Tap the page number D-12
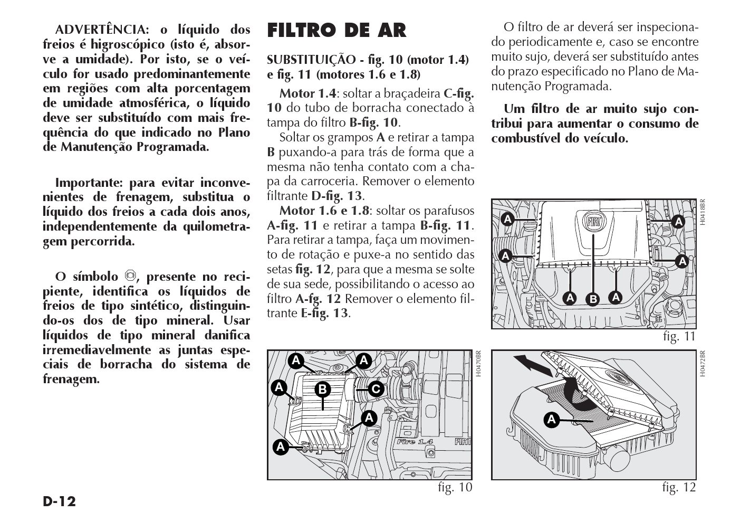click(60, 501)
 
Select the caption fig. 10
click(455, 487)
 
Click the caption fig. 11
click(679, 336)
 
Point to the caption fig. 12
click(679, 487)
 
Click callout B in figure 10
click(322, 390)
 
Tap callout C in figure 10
click(375, 390)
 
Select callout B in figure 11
click(593, 299)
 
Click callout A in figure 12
click(551, 420)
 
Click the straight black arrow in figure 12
click(530, 364)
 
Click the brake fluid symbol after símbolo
click(130, 276)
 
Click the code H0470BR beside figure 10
click(478, 363)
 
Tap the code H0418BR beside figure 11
click(702, 212)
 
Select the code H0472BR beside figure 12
click(702, 363)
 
